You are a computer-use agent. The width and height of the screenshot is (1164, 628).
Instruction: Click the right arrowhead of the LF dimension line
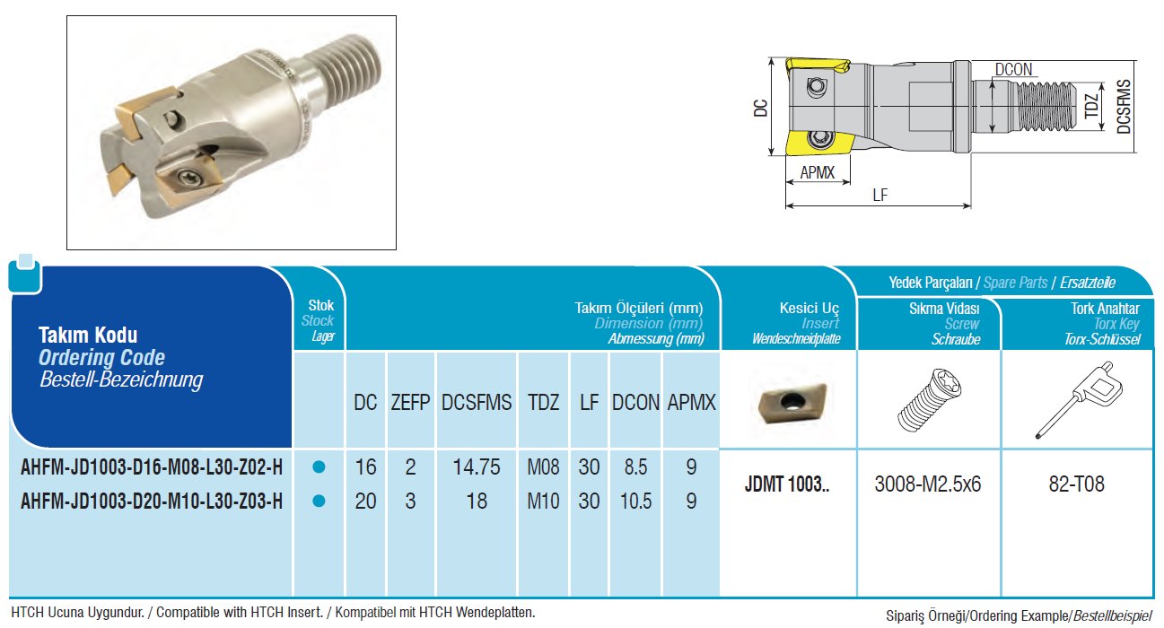[x=968, y=205]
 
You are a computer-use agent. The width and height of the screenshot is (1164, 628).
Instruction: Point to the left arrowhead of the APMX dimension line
[x=790, y=182]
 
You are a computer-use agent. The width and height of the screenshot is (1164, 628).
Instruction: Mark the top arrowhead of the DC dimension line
[x=771, y=62]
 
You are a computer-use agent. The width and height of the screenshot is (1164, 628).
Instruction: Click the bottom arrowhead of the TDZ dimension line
[x=1102, y=126]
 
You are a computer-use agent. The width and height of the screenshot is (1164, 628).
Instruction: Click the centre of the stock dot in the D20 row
[x=319, y=502]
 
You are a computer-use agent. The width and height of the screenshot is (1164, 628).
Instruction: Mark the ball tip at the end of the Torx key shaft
[x=1038, y=436]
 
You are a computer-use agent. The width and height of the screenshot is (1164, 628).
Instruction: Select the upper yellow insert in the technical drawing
[x=818, y=67]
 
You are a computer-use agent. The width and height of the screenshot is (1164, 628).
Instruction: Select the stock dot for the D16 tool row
[x=319, y=467]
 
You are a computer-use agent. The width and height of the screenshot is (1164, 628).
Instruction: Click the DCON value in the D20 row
[x=635, y=502]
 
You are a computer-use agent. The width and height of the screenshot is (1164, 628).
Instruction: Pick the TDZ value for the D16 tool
[x=544, y=467]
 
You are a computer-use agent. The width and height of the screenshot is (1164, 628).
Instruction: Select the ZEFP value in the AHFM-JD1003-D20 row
[x=410, y=502]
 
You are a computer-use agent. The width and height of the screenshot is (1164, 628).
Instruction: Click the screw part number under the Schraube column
[x=928, y=484]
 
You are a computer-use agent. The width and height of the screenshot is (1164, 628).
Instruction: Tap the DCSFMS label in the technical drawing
[x=1123, y=107]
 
